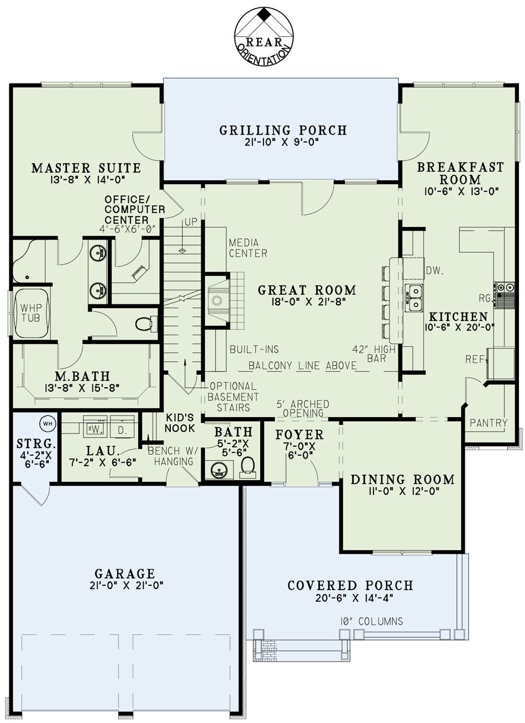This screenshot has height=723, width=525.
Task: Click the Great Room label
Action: coord(307,290)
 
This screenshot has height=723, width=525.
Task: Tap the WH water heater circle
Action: coord(48,423)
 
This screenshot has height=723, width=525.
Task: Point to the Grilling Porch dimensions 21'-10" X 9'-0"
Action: coord(281,142)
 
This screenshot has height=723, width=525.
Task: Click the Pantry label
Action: coord(489,423)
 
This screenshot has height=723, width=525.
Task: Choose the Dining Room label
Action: coord(403,479)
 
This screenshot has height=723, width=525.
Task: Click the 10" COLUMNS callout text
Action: coord(371,621)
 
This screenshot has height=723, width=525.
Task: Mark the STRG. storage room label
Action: coord(36,444)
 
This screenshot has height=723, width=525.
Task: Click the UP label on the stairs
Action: coord(191,222)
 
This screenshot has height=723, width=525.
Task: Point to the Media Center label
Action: coord(248,248)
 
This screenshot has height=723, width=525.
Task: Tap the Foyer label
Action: coord(300,434)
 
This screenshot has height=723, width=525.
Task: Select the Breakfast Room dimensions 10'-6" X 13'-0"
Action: coord(461,191)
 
